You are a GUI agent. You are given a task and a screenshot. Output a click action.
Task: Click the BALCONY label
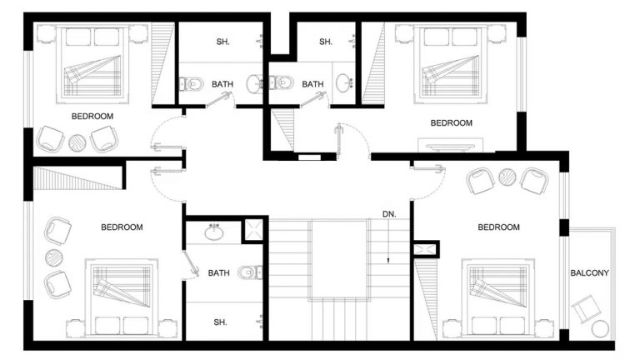coord(589,273)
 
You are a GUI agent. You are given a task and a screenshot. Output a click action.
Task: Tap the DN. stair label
coord(389,214)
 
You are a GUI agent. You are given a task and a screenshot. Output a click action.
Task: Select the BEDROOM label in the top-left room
coord(92,117)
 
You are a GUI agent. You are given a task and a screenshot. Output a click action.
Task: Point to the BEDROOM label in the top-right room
coord(451,122)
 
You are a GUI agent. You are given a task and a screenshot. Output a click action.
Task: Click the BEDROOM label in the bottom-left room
coord(122,227)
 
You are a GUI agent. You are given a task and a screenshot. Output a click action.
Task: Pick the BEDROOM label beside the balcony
coord(498,227)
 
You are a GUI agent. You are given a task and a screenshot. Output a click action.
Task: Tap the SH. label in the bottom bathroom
coord(220,322)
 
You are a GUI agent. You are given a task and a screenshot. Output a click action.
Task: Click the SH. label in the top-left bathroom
coord(223,42)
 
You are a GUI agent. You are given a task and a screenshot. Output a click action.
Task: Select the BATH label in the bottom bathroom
coord(219,272)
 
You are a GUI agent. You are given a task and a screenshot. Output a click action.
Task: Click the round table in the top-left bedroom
coord(77,142)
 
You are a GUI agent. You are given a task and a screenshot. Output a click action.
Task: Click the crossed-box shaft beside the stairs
coord(425,247)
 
